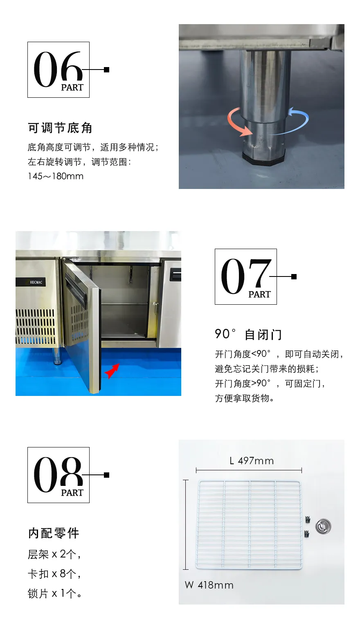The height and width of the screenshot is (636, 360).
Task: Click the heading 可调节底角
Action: [60, 128]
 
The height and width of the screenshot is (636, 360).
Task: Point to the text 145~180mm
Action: [56, 176]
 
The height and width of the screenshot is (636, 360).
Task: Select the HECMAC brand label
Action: [36, 282]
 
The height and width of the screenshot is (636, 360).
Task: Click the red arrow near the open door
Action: [112, 371]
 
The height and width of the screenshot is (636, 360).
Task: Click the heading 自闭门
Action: [263, 335]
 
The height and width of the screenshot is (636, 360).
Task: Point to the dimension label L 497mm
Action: [252, 461]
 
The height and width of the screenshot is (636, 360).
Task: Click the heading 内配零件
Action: [54, 533]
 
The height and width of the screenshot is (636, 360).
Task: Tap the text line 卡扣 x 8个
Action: [54, 574]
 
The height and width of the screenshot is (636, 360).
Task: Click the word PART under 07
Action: [259, 294]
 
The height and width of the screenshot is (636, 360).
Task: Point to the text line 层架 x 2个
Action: [54, 554]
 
